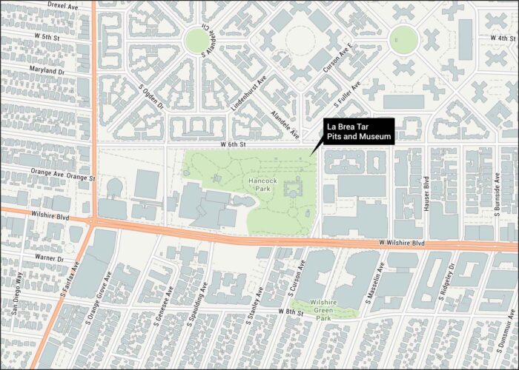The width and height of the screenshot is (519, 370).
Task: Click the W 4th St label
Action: pos(501,38)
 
